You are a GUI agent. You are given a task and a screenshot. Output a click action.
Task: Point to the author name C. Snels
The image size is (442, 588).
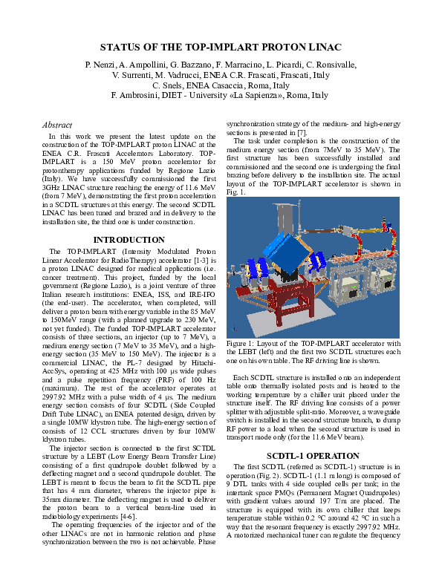coord(170,85)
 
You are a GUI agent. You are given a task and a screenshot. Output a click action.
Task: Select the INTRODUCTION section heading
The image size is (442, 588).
coord(129,240)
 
